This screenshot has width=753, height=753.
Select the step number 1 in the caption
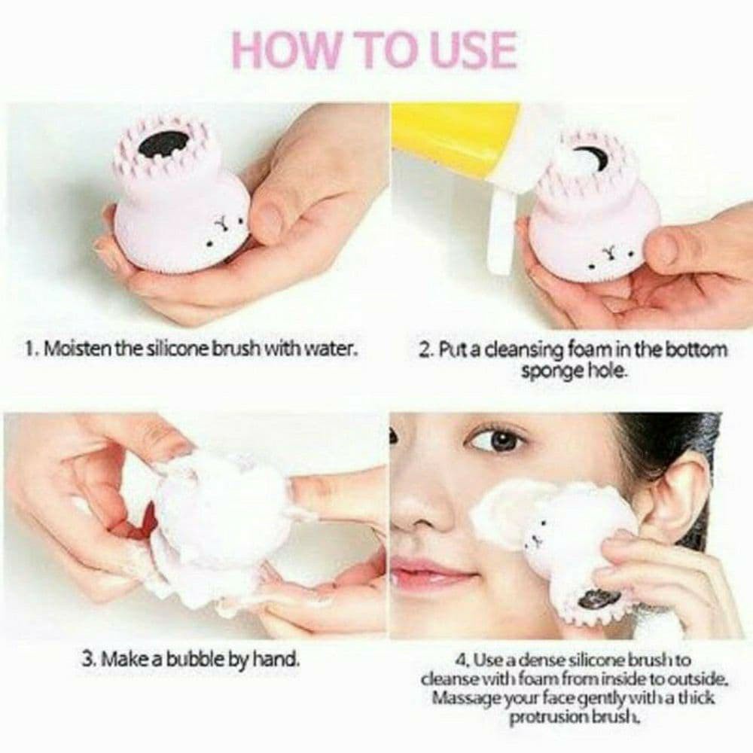pos(30,350)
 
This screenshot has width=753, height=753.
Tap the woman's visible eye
pos(496,438)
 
